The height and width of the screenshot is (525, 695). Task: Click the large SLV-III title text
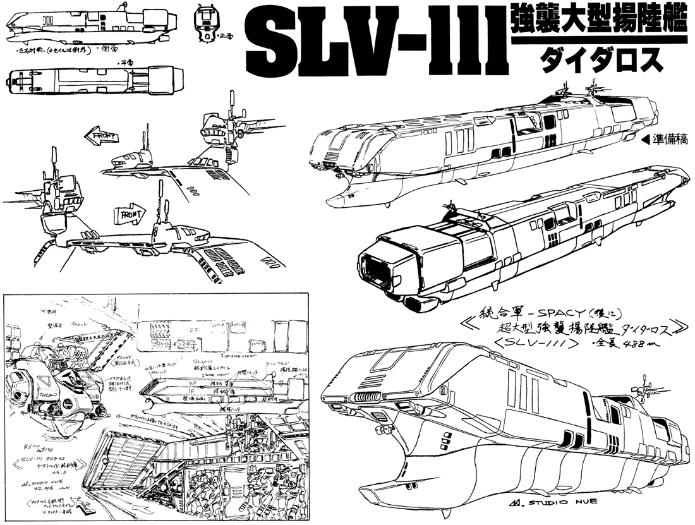[373, 39]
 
